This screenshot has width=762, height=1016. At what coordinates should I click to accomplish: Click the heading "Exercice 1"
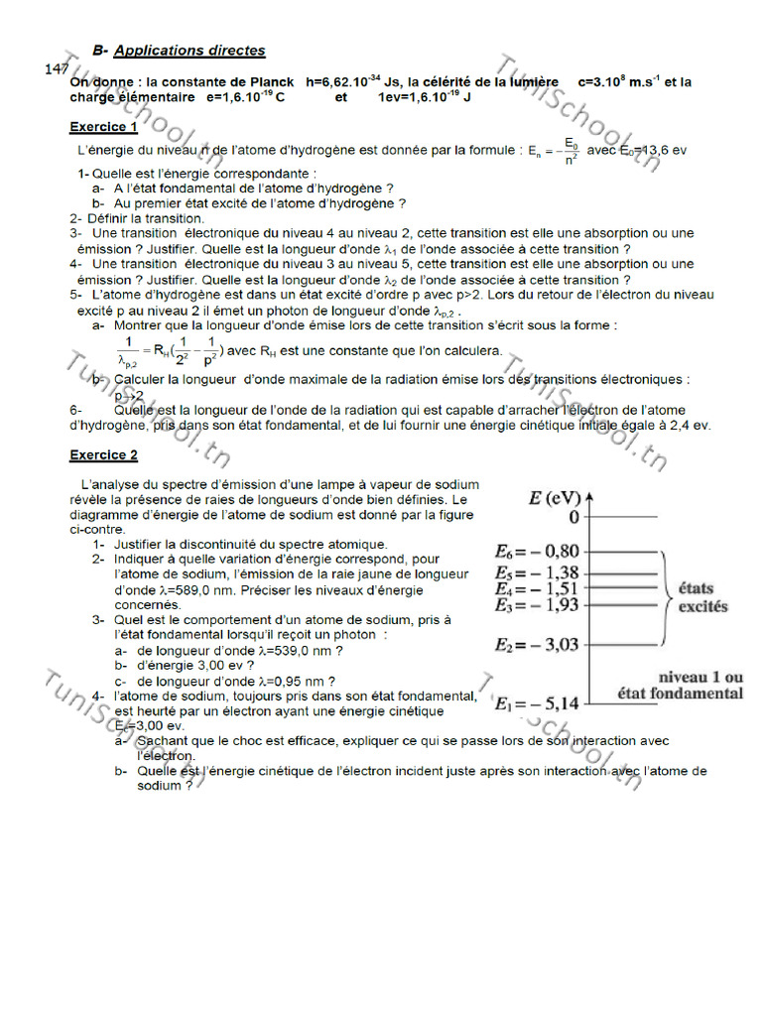coord(103,127)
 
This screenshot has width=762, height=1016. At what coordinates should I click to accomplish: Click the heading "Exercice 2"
coord(103,455)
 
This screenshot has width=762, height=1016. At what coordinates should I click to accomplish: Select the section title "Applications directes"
coord(190,50)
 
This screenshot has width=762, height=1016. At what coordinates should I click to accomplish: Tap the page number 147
coord(56,67)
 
